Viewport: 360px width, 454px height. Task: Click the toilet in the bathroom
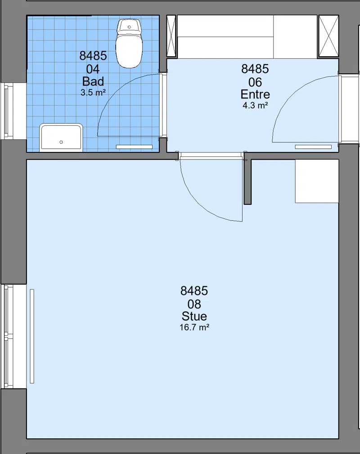[x=129, y=44]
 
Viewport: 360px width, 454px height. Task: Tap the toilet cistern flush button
[x=129, y=27]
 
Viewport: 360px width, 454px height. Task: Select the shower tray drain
[x=61, y=142]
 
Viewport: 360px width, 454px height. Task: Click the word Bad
[x=93, y=81]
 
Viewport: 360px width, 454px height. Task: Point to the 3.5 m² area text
[x=93, y=92]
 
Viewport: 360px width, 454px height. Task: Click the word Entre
[x=255, y=94]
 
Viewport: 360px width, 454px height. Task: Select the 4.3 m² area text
[x=255, y=105]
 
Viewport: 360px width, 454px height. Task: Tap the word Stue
[x=194, y=316]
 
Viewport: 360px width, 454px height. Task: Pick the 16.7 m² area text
[x=194, y=327]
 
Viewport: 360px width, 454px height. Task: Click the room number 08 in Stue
[x=194, y=304]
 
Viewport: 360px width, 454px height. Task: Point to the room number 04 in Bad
[x=93, y=69]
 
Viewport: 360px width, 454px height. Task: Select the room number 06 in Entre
[x=255, y=82]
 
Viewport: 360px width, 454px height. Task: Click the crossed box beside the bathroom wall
[x=171, y=36]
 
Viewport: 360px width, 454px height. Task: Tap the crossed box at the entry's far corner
[x=328, y=36]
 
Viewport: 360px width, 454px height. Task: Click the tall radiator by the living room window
[x=32, y=336]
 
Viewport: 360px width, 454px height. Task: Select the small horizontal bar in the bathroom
[x=134, y=147]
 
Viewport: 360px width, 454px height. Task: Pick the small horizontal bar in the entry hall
[x=313, y=147]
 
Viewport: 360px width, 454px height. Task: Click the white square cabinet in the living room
[x=317, y=181]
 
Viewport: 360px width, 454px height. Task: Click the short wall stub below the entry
[x=247, y=182]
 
